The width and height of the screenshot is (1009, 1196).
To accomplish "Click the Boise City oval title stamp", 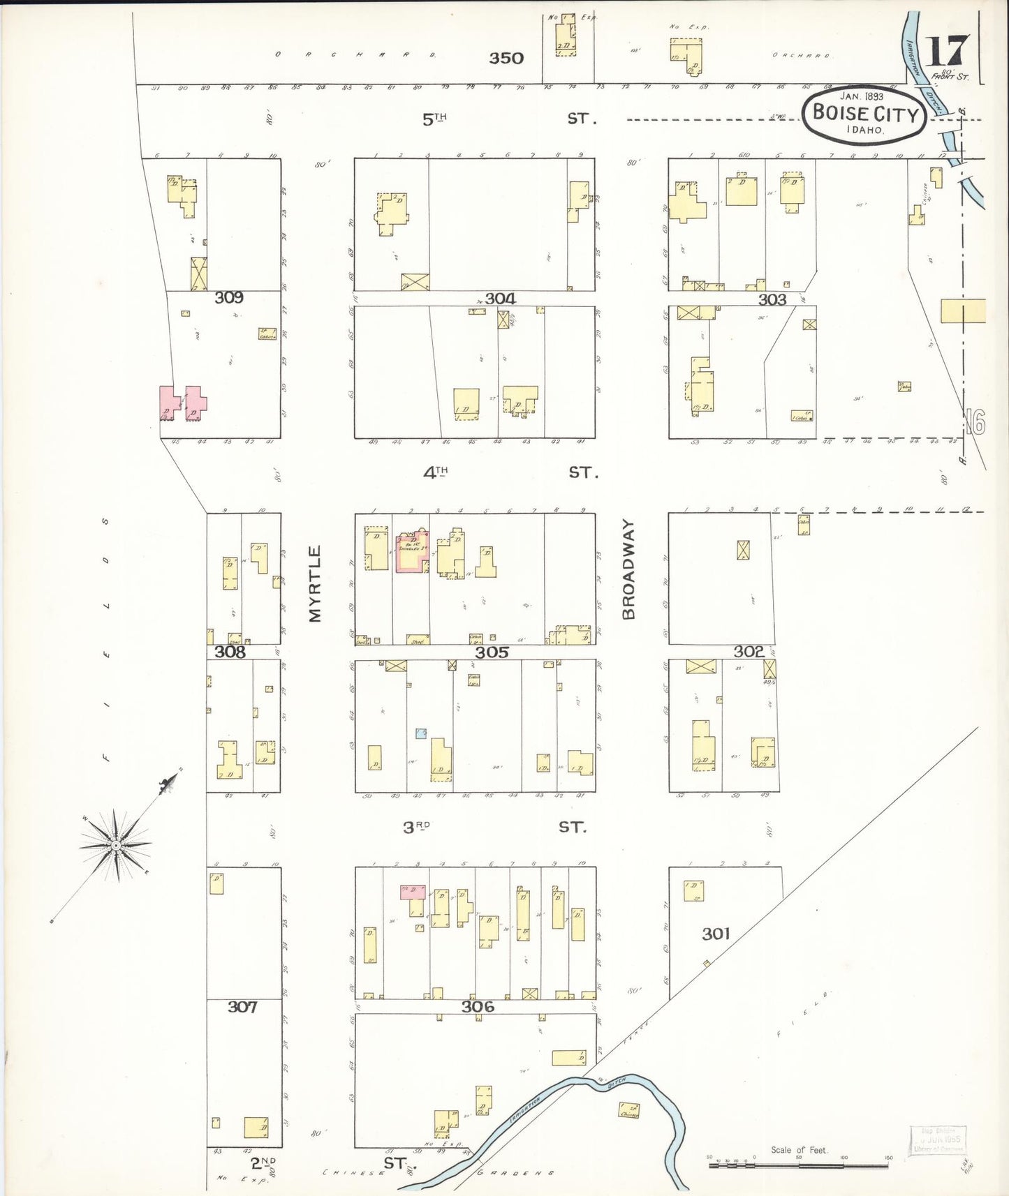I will coord(864,115).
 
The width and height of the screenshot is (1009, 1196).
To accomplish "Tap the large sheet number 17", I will coord(948,51).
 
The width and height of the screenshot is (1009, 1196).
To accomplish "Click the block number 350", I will coord(506,58).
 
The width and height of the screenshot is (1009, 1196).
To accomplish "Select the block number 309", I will coord(229,298).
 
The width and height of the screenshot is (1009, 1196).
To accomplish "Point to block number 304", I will coord(500,299).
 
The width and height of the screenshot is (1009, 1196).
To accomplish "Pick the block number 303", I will coord(772,300).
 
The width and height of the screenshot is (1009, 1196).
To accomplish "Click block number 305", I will coord(492,652).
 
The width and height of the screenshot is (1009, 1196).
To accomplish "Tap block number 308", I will coord(230,652).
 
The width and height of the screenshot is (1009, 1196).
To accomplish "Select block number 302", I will coord(749,652).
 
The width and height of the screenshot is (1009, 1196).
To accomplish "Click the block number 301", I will coord(716,934).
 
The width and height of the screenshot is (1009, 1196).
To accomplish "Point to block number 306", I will coord(478,1006).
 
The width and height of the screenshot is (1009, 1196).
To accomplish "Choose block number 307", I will coord(242,1007).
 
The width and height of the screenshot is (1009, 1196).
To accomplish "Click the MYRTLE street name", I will coord(315,583).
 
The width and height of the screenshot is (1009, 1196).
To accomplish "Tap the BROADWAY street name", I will coord(628,569).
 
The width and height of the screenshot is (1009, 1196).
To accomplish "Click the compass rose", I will coord(116,845).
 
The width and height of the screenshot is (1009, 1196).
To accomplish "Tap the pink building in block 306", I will coord(413,891).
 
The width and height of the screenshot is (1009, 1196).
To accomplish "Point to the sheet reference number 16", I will coord(976,422).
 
